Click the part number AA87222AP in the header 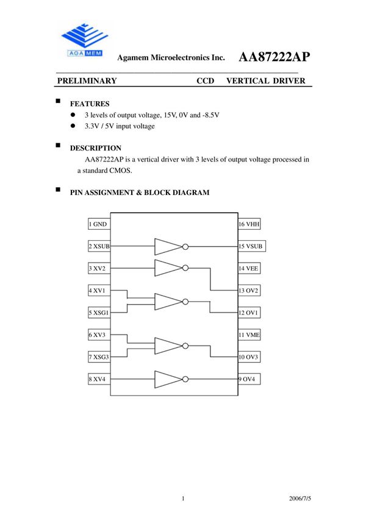[274, 57]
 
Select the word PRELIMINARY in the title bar [86, 80]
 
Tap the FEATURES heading [90, 104]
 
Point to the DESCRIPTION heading [96, 148]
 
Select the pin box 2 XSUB [99, 247]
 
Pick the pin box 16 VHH [249, 224]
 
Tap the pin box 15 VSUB [251, 247]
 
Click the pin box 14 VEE [249, 268]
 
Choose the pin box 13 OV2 [249, 290]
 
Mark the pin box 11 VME [249, 335]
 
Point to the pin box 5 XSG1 [99, 313]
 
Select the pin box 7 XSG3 [99, 357]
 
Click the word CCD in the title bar [206, 80]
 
